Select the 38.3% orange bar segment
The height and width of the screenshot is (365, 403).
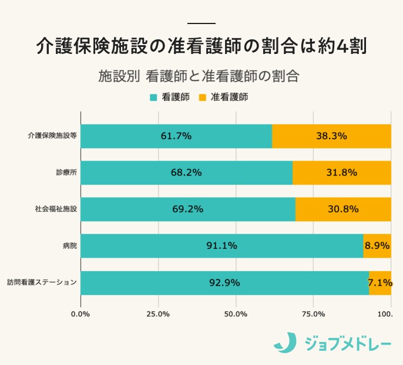[x=331, y=136]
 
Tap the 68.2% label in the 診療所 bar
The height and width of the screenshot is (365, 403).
[x=186, y=173]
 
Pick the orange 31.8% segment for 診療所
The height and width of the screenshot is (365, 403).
[x=341, y=173]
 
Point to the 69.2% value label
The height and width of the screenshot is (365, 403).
[x=187, y=209]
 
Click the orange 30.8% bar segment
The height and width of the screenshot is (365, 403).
[x=343, y=209]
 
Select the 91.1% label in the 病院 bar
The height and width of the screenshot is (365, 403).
[x=221, y=246]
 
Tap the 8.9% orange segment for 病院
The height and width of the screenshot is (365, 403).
[x=377, y=246]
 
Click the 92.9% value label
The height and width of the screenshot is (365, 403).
[x=224, y=282]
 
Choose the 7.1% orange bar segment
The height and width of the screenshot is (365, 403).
[x=380, y=282]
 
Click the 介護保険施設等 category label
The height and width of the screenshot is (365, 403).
[x=52, y=136]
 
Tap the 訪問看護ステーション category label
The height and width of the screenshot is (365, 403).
[x=42, y=282]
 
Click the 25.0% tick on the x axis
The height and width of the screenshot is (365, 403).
[x=158, y=315]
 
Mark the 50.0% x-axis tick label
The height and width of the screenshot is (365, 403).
[x=236, y=315]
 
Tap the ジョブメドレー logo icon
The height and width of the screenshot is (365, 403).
[x=286, y=343]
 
